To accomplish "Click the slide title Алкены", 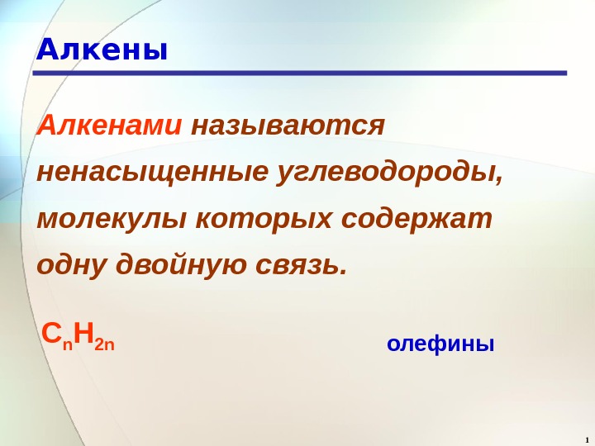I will point(102,50).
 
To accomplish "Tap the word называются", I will point(288,126).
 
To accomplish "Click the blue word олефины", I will point(440,343).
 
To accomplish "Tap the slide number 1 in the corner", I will point(585,438).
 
